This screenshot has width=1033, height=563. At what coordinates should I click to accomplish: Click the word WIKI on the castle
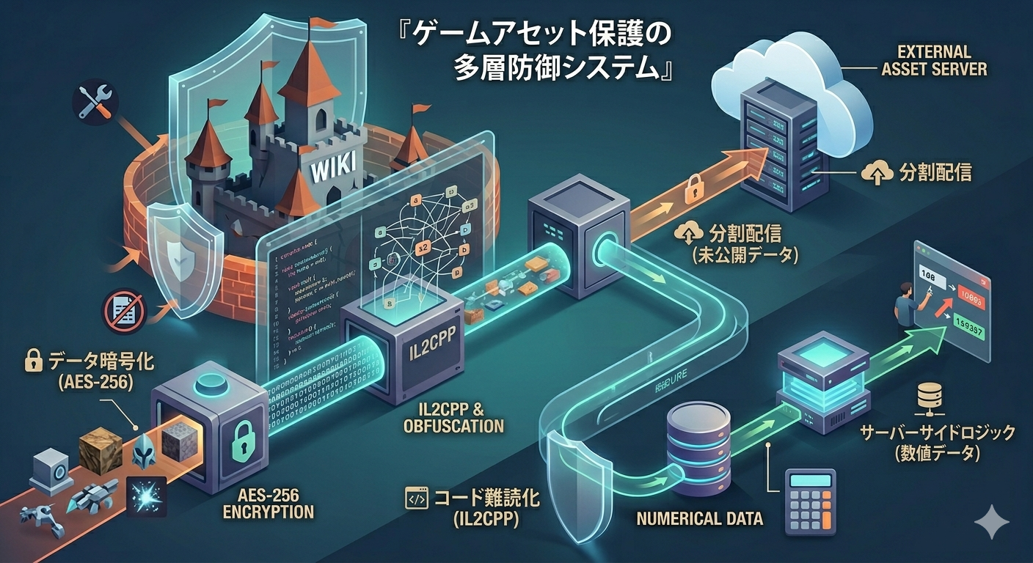coord(335,171)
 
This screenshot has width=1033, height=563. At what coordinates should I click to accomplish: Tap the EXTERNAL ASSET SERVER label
coord(943,61)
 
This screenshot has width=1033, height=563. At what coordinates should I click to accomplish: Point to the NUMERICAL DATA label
coord(699,518)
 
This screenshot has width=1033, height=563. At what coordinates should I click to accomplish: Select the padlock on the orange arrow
coord(692,192)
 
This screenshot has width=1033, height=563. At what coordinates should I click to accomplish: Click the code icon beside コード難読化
coord(416,499)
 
